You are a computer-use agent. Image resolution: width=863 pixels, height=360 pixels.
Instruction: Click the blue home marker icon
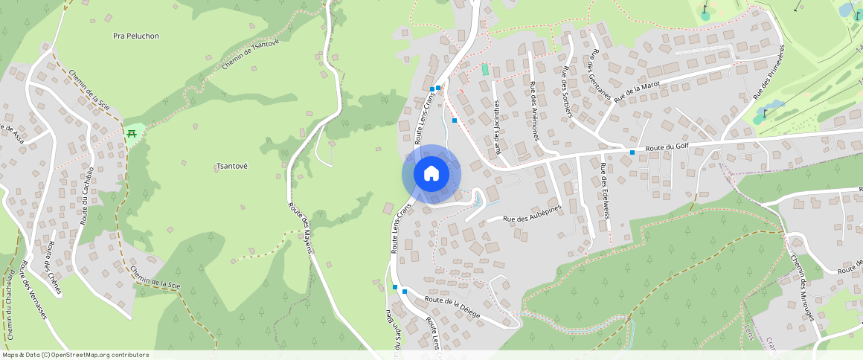pos(431,174)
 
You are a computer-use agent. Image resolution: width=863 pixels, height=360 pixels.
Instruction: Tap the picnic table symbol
pos(132,133)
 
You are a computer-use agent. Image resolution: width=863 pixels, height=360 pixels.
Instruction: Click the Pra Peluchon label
pos(136,36)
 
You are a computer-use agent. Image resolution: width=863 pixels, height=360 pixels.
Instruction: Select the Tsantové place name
pos(231,166)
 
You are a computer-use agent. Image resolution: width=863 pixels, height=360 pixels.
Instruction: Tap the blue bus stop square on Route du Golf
pos(632,152)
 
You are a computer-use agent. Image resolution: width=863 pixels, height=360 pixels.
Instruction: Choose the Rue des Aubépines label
pos(531,213)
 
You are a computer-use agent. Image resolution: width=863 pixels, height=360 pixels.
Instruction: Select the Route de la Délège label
pos(452,306)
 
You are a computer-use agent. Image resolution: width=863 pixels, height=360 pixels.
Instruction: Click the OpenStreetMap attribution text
pos(76,355)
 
